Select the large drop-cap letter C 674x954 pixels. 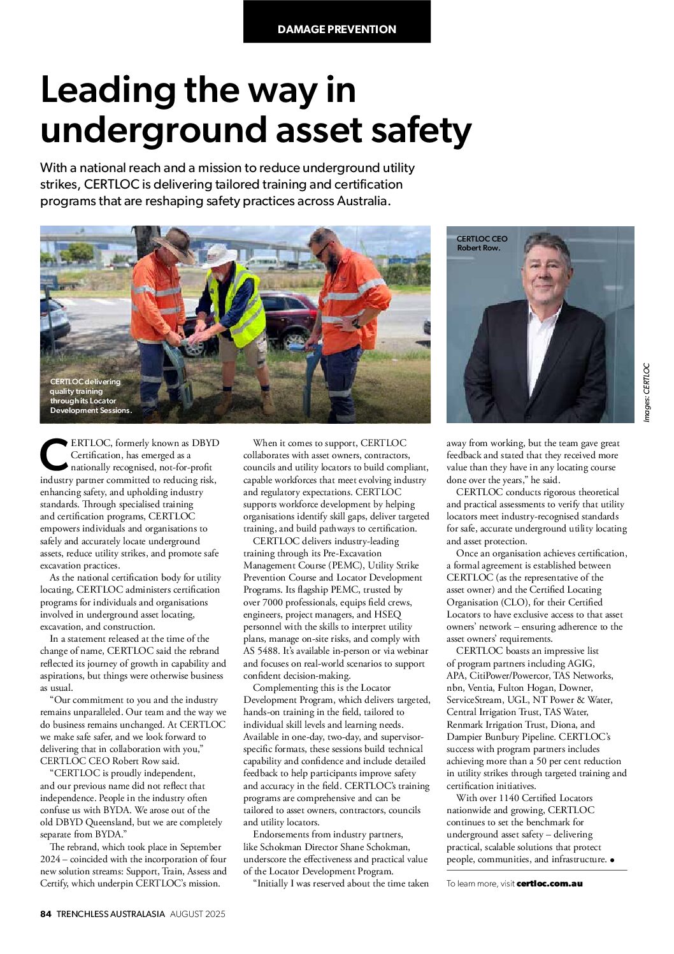(54, 454)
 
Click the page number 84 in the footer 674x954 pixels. (46, 913)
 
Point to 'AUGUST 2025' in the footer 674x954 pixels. (197, 913)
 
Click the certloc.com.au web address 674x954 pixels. (549, 883)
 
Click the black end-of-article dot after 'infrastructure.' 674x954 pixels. (612, 860)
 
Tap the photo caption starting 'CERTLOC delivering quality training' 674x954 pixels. (90, 396)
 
